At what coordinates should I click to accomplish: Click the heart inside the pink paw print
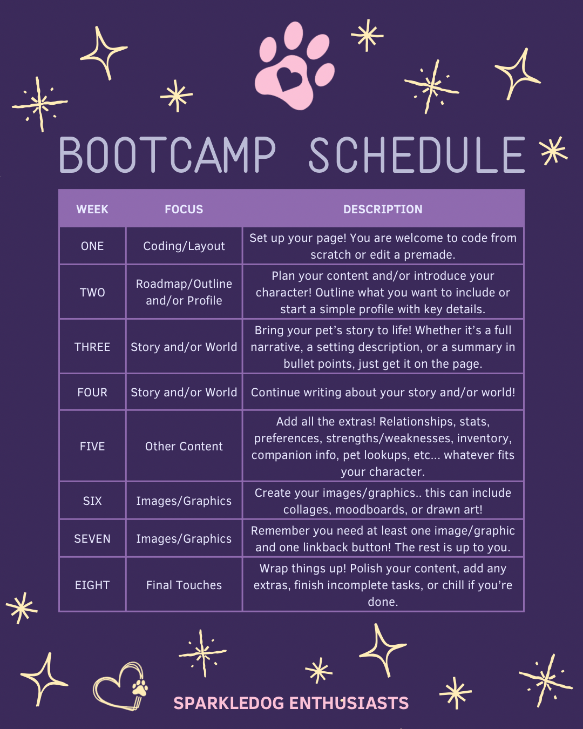289,79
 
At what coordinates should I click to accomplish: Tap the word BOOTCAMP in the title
167,154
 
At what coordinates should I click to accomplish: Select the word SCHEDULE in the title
417,154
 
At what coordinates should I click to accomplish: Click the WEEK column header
92,210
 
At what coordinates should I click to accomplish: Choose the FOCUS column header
184,210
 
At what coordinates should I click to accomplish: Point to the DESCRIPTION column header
383,210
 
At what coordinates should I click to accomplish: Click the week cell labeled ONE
92,246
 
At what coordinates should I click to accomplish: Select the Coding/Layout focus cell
184,246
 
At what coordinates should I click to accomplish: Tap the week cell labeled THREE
92,347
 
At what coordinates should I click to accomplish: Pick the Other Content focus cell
184,446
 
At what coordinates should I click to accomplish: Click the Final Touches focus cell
184,585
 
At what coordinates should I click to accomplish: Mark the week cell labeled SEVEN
92,538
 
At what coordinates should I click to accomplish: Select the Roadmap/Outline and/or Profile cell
184,292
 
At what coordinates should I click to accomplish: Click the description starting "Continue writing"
383,392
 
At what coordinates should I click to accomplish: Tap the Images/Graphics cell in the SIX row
184,501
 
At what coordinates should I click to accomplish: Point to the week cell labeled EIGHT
92,585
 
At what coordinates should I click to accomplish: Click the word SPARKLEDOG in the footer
229,703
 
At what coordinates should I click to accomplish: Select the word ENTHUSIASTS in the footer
349,703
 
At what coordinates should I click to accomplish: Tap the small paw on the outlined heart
140,687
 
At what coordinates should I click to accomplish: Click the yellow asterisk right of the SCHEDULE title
553,151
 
